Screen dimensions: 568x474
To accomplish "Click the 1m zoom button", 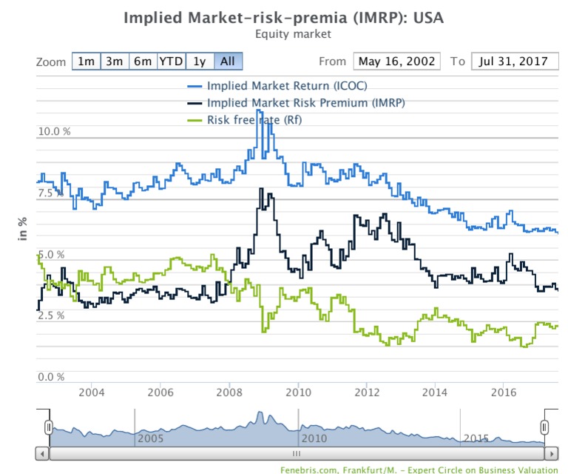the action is (x=87, y=61).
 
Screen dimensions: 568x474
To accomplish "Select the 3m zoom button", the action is (x=115, y=61).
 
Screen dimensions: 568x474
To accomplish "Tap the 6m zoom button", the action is (x=143, y=61).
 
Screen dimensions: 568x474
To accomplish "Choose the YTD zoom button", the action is (x=172, y=61).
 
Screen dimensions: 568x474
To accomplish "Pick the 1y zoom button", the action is (x=200, y=61).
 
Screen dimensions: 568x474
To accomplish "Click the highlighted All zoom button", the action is (x=228, y=61).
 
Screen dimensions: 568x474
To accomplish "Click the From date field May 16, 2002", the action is (x=396, y=61).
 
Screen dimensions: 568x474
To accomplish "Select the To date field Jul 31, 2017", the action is (x=515, y=61).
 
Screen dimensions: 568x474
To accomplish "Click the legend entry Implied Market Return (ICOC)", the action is (x=277, y=86).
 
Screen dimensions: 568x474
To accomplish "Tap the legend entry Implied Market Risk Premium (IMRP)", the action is (x=296, y=103).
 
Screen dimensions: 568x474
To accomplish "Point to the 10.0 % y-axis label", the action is (x=54, y=131).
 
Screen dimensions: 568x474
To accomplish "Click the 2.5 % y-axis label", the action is (x=51, y=316).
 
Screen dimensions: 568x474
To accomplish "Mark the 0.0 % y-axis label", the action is (x=51, y=377).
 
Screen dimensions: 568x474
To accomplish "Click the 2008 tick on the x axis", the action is (x=229, y=393).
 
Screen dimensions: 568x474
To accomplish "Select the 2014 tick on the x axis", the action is (x=435, y=393).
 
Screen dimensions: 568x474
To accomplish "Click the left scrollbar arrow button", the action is (x=42, y=454).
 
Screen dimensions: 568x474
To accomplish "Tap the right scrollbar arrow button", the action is (x=551, y=454).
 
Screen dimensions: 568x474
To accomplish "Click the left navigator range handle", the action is (x=49, y=427).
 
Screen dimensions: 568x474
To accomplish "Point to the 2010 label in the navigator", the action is (x=314, y=438).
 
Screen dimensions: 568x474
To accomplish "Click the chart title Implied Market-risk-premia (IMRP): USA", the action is (x=284, y=18).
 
